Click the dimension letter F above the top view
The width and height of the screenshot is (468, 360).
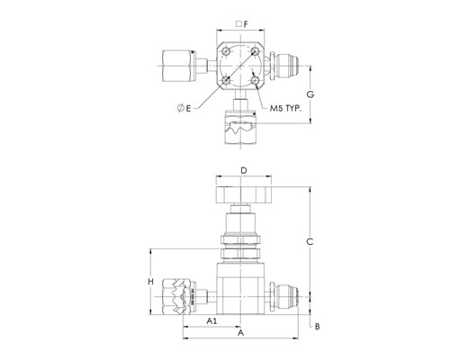pyautogui.click(x=246, y=24)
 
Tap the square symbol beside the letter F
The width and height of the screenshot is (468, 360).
pyautogui.click(x=238, y=24)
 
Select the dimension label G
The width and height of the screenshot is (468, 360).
pyautogui.click(x=310, y=94)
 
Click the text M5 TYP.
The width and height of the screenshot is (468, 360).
pyautogui.click(x=285, y=109)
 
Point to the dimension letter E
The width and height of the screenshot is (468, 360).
pyautogui.click(x=188, y=108)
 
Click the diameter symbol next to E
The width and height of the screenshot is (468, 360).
pyautogui.click(x=181, y=108)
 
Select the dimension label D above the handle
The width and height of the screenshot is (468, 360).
pyautogui.click(x=244, y=171)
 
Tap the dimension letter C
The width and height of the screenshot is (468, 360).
pyautogui.click(x=310, y=241)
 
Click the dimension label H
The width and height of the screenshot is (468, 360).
pyautogui.click(x=151, y=282)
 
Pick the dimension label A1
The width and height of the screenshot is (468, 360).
pyautogui.click(x=211, y=321)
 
